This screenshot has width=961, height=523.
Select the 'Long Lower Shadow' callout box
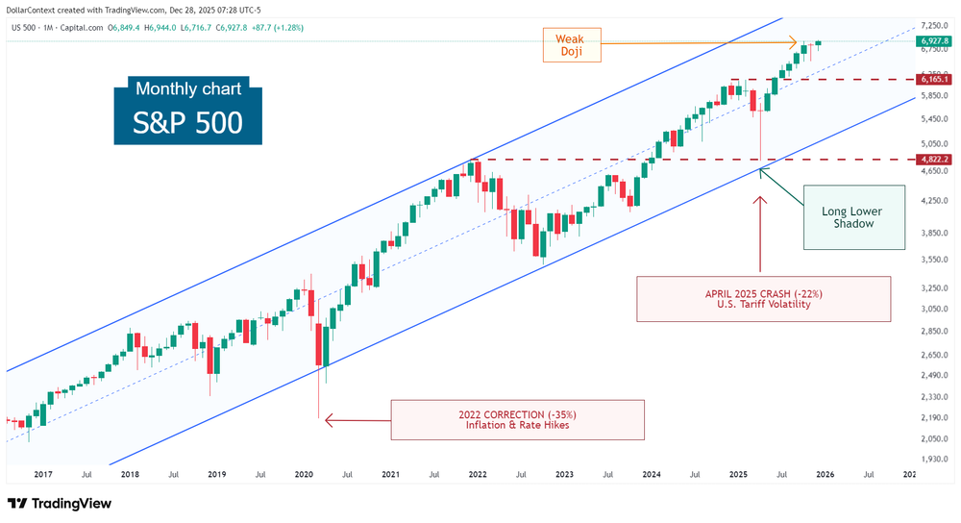851,217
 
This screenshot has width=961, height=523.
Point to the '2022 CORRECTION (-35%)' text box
517,418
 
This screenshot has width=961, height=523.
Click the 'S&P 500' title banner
187,124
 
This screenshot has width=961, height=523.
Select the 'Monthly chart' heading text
188,89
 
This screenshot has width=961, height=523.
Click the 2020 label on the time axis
304,474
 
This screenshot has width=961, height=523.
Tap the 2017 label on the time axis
42,474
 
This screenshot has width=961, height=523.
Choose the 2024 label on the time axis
652,474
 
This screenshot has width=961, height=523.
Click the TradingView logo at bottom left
61,504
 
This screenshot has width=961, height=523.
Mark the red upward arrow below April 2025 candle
760,231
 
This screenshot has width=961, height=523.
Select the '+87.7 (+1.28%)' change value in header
274,28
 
